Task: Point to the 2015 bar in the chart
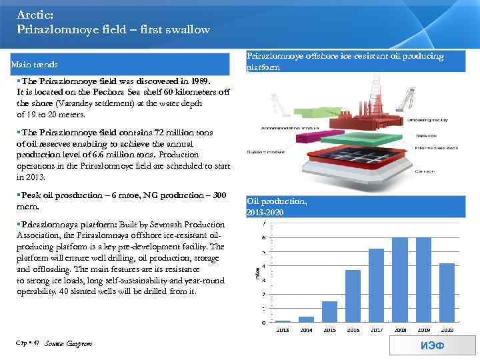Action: pyautogui.click(x=329, y=311)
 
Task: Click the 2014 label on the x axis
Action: pyautogui.click(x=306, y=329)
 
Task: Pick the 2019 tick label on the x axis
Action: pyautogui.click(x=423, y=329)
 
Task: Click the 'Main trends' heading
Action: pyautogui.click(x=34, y=65)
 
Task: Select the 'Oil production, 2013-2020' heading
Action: pyautogui.click(x=277, y=206)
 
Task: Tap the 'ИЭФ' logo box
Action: pyautogui.click(x=432, y=345)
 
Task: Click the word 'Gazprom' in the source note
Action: pyautogui.click(x=79, y=343)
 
